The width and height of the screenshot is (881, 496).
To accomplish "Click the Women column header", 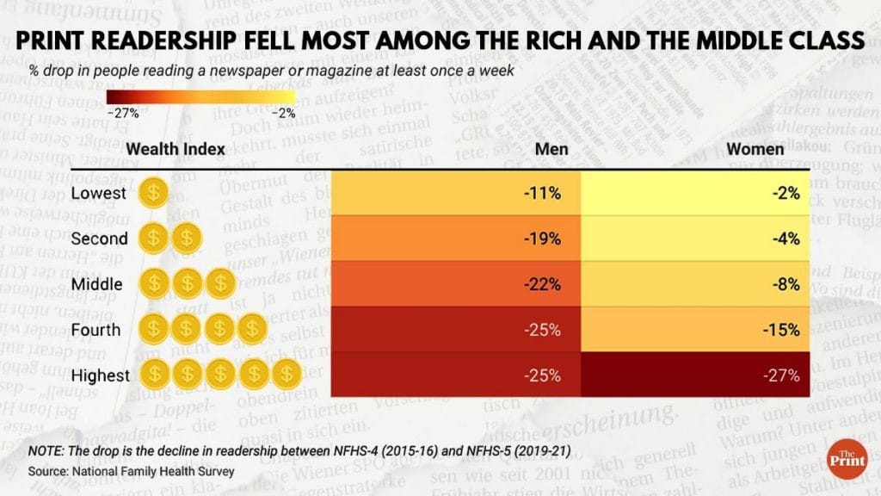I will pos(755,149).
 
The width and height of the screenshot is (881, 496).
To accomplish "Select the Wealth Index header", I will pos(176,149).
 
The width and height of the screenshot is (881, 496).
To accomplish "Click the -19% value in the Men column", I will pos(542,239).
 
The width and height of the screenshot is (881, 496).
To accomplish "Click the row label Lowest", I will pos(98,194).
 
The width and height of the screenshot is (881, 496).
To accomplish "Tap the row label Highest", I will pos(101,375).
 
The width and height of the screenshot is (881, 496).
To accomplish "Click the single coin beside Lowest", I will pos(153,193).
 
